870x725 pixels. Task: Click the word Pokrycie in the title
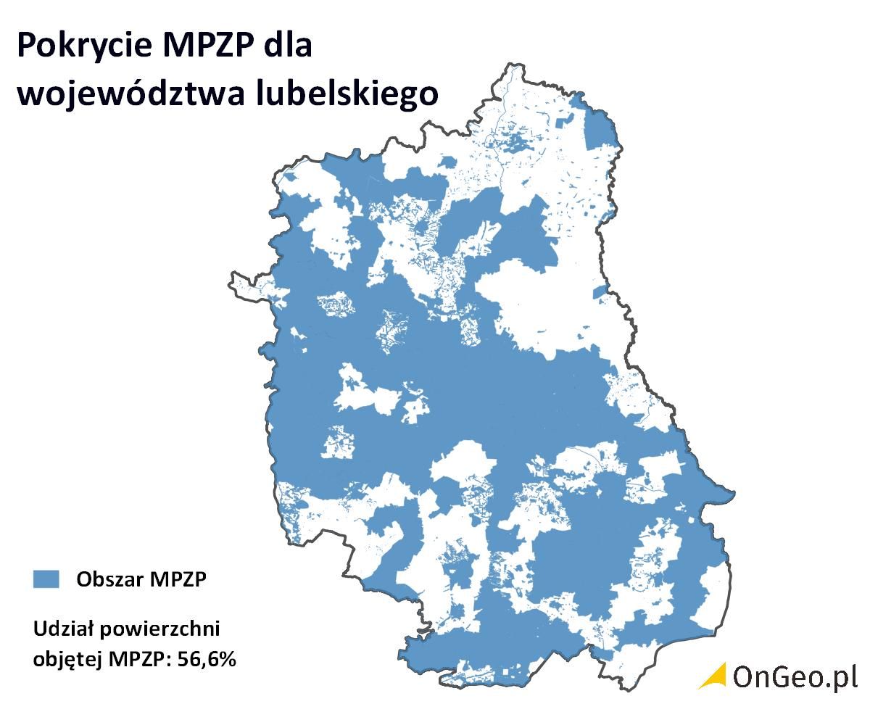(82, 46)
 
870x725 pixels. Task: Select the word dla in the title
(289, 45)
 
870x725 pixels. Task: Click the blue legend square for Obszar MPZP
(46, 579)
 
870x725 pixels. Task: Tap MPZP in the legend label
(178, 579)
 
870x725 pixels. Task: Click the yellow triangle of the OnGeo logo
(713, 675)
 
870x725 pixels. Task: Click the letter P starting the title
(27, 46)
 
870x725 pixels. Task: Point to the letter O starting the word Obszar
(83, 579)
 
